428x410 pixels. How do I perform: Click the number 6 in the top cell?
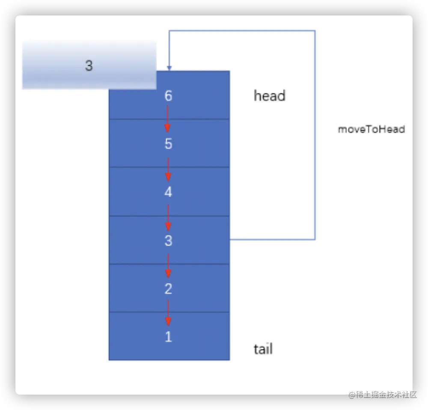tap(168, 96)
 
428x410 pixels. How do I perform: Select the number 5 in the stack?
tap(168, 144)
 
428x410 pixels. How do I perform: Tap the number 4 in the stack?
tap(168, 192)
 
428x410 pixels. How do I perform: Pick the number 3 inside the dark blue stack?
tap(168, 241)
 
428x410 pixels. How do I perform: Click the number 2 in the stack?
tap(168, 289)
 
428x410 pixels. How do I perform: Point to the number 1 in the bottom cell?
tap(168, 337)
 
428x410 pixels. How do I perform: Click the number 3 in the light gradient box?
tap(89, 66)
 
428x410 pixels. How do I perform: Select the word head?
tap(269, 95)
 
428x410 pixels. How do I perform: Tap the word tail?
tap(263, 349)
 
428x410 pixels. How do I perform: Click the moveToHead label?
tap(371, 129)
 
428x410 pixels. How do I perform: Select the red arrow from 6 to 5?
tap(168, 119)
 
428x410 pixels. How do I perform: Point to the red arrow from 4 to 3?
tap(168, 217)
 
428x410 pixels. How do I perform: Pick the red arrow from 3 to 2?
tap(168, 265)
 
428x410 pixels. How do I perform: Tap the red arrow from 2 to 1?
tap(168, 313)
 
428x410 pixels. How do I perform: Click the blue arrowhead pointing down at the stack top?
tap(169, 68)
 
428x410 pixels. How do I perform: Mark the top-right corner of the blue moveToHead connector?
tap(315, 31)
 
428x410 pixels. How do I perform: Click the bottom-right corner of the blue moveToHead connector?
tap(315, 239)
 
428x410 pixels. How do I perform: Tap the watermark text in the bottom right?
tap(382, 394)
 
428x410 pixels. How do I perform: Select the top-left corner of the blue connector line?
tap(169, 31)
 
